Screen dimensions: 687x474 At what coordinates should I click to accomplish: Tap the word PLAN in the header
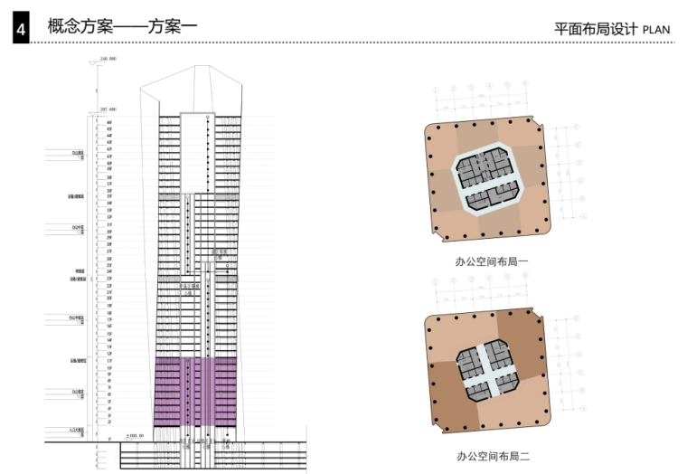(x=656, y=30)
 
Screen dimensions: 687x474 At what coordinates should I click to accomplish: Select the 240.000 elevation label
(x=108, y=59)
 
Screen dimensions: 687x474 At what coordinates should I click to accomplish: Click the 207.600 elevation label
(x=108, y=109)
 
